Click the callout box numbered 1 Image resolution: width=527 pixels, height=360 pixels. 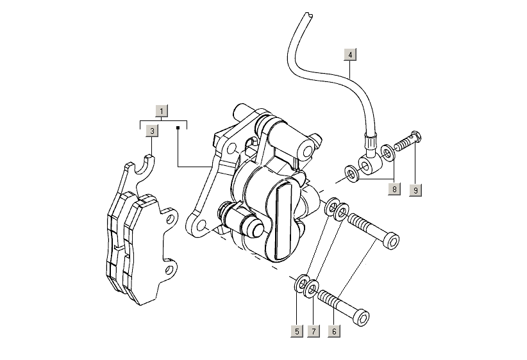click(x=162, y=111)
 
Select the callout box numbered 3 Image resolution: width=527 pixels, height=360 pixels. click(x=151, y=131)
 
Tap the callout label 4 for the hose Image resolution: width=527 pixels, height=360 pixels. click(x=350, y=54)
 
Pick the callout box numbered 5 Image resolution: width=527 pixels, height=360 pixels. click(x=297, y=331)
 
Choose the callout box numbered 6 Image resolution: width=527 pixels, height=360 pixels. click(x=334, y=331)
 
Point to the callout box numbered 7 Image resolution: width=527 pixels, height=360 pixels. click(x=314, y=331)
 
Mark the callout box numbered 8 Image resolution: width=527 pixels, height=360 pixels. click(x=394, y=189)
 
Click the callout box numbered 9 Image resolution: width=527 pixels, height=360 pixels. click(x=415, y=190)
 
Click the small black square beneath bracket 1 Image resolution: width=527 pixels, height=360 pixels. click(x=177, y=128)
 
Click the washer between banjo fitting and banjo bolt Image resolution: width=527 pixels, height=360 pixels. click(x=387, y=153)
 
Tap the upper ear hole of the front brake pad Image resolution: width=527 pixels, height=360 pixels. click(x=171, y=219)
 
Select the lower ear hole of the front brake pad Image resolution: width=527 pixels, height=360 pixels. click(x=171, y=270)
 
